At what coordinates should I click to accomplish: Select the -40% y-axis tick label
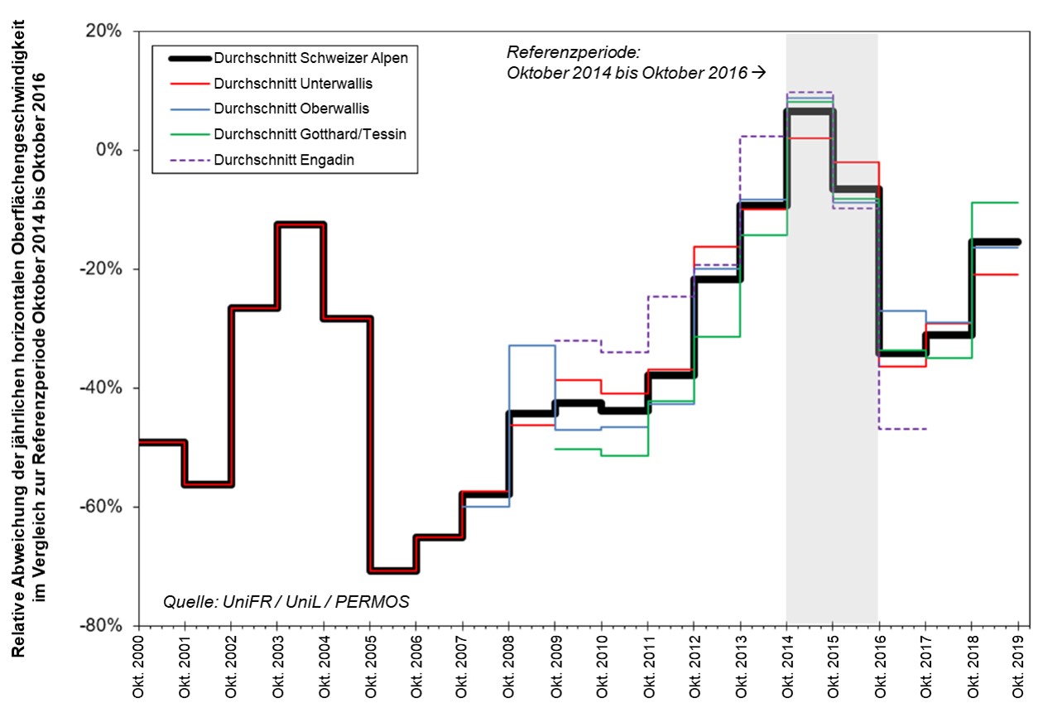coord(104,388)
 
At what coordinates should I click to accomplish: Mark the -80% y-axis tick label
coord(104,626)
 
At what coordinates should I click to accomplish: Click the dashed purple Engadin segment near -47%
coord(902,429)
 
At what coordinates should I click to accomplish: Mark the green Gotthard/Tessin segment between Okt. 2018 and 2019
coord(994,202)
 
